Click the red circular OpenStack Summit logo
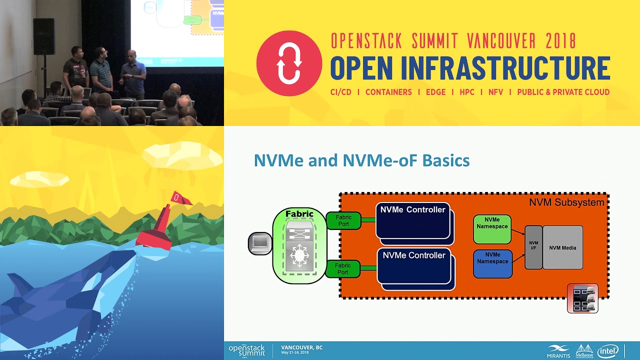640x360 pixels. click(x=289, y=63)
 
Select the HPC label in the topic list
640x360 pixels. click(x=467, y=92)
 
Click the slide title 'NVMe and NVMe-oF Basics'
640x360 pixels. click(x=361, y=160)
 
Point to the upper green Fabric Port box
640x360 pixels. click(x=343, y=220)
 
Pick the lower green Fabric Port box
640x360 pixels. click(x=343, y=269)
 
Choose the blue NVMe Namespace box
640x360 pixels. click(x=492, y=263)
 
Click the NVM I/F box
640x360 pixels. click(x=533, y=247)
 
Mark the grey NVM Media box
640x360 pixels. click(x=562, y=247)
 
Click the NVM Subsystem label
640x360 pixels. click(x=566, y=202)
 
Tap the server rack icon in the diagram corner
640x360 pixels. click(x=582, y=298)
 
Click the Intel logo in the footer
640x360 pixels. click(x=608, y=351)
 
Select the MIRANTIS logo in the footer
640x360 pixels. click(x=558, y=351)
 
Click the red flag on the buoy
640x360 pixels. click(x=180, y=198)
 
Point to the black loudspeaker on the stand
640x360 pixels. click(x=44, y=36)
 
